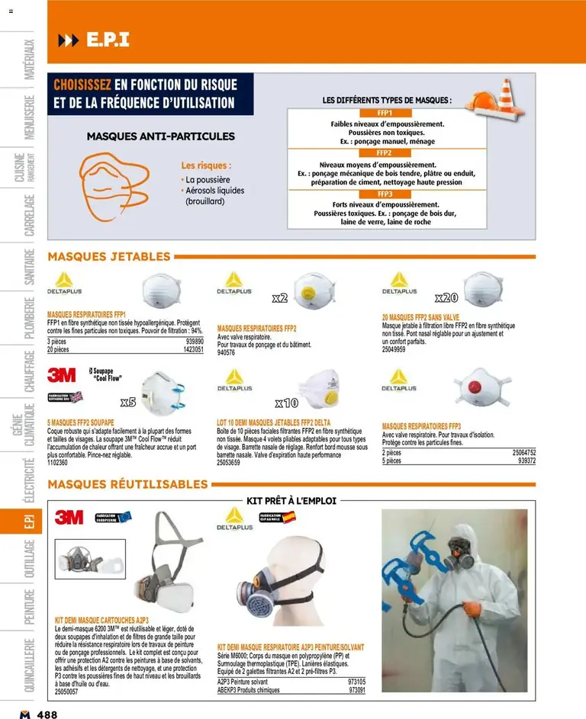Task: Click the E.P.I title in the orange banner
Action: (107, 39)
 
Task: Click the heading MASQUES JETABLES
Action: (109, 257)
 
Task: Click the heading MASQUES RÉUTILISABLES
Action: (127, 484)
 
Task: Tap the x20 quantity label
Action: (446, 297)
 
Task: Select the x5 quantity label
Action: (127, 401)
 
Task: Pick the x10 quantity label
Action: (287, 402)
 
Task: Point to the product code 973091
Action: (356, 690)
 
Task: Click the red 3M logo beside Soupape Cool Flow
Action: (61, 374)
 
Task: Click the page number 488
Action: (47, 713)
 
